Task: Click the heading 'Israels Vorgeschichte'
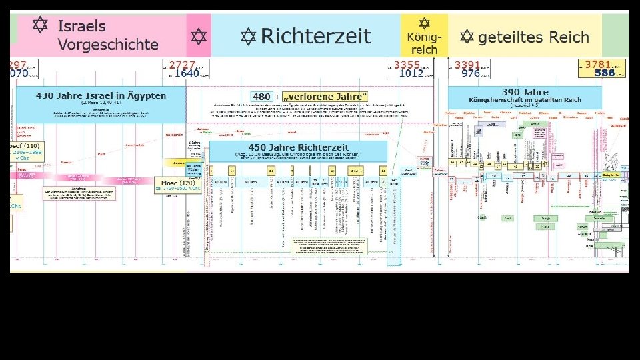pyautogui.click(x=107, y=35)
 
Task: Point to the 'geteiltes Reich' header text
pyautogui.click(x=533, y=37)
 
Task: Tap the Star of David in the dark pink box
pyautogui.click(x=198, y=35)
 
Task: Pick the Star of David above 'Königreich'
pyautogui.click(x=423, y=23)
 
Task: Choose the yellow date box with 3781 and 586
pyautogui.click(x=602, y=69)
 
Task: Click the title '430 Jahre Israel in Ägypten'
pyautogui.click(x=101, y=95)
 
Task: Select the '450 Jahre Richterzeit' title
pyautogui.click(x=297, y=147)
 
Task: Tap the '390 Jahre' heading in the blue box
pyautogui.click(x=527, y=92)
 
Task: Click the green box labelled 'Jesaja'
pyautogui.click(x=545, y=217)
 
